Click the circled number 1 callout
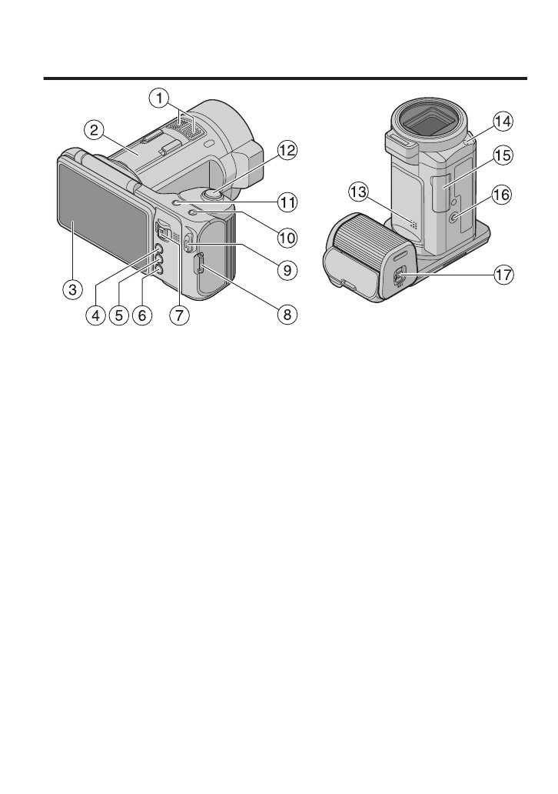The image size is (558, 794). [x=159, y=98]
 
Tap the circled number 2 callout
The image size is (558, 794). [x=94, y=131]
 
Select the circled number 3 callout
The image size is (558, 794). [x=73, y=289]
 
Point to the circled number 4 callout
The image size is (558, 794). [x=95, y=315]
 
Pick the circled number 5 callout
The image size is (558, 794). [x=119, y=315]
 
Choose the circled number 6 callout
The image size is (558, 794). [x=142, y=315]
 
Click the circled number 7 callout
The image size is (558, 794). [x=179, y=315]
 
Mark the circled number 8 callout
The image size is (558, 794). [x=287, y=315]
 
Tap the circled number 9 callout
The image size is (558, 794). [x=287, y=270]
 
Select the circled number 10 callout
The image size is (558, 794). [x=287, y=237]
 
